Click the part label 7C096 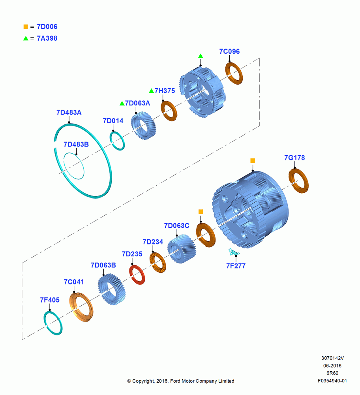[x=229, y=51]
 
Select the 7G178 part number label [x=294, y=158]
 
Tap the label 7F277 [x=236, y=266]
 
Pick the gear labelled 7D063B [x=112, y=290]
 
